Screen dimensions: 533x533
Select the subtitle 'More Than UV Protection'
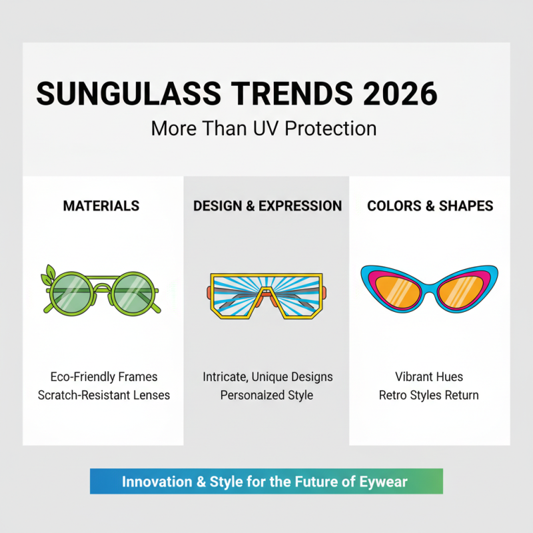264,127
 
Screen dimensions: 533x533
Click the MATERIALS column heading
101,206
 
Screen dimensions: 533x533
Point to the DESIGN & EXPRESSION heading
267,206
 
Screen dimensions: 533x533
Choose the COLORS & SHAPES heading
430,206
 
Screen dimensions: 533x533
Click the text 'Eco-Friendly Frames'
104,377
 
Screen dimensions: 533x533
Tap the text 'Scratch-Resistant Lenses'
104,395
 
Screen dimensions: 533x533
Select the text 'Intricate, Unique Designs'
267,377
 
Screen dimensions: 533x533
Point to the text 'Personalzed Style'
267,395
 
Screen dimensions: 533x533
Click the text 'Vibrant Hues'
429,377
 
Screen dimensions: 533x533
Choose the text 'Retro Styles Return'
429,395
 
